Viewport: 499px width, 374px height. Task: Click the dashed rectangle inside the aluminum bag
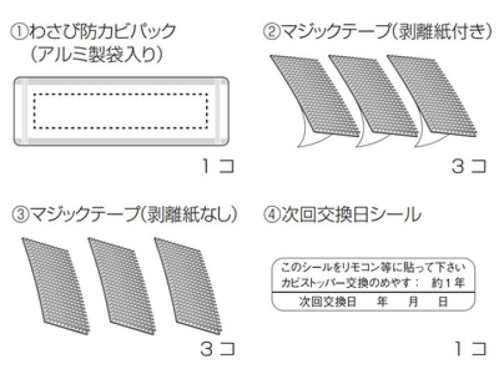click(121, 93)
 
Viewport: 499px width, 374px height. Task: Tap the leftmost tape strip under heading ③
click(55, 285)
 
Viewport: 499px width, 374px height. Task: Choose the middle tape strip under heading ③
click(122, 285)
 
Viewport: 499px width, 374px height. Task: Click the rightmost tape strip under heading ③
click(188, 285)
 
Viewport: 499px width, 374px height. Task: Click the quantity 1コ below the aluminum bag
click(218, 166)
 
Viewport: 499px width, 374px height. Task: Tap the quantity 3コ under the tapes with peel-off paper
click(469, 166)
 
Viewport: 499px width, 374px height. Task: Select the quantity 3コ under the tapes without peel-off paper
click(218, 348)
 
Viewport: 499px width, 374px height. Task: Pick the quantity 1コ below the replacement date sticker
click(471, 348)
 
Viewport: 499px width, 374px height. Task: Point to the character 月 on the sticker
click(413, 301)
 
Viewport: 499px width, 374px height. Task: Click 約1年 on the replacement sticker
click(448, 283)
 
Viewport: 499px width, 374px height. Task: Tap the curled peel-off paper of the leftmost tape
click(310, 137)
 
